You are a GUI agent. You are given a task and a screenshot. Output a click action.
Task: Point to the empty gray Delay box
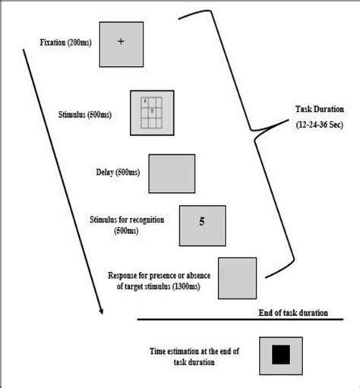point(172,172)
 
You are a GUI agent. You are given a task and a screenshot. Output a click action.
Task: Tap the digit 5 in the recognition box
point(201,222)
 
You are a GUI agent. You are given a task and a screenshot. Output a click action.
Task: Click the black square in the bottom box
point(282,354)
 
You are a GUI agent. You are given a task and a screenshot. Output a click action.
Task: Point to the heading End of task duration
point(302,311)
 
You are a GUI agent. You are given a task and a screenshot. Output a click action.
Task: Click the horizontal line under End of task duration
point(243,320)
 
